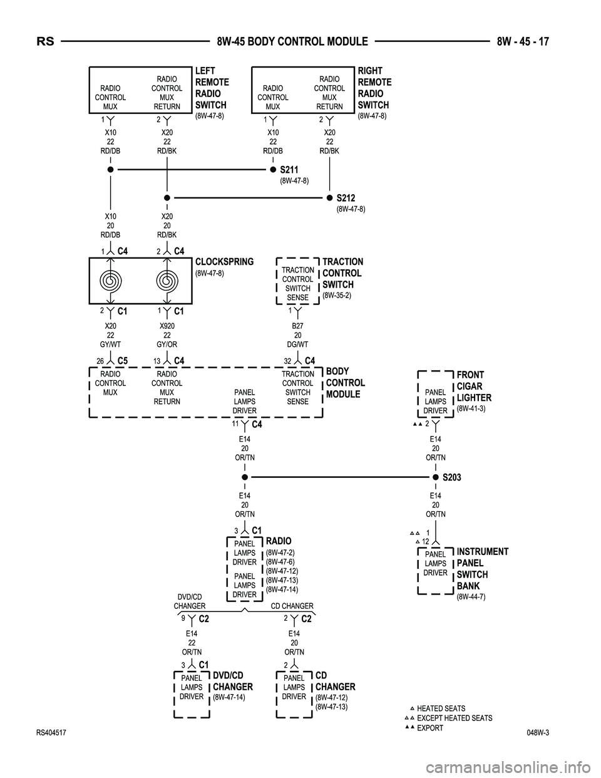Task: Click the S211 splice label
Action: (x=289, y=170)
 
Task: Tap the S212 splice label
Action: (x=346, y=198)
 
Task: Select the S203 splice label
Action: (x=451, y=477)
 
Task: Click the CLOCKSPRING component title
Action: (x=224, y=262)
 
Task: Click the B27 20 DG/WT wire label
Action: (x=297, y=335)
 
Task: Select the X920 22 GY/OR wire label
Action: (x=167, y=335)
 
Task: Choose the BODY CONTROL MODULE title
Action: (x=345, y=383)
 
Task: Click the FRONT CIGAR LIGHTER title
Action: (x=474, y=386)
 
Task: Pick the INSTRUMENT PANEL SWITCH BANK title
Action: (x=482, y=569)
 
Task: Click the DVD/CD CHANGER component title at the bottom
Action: (x=232, y=682)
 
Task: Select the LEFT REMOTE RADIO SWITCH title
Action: (x=212, y=88)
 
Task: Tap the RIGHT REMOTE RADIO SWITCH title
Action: (x=374, y=88)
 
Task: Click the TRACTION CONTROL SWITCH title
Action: (x=342, y=273)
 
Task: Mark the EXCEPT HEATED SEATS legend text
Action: (x=455, y=718)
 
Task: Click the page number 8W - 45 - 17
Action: (x=523, y=42)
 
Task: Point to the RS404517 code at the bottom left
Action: (x=51, y=732)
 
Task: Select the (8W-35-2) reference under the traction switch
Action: (x=337, y=295)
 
